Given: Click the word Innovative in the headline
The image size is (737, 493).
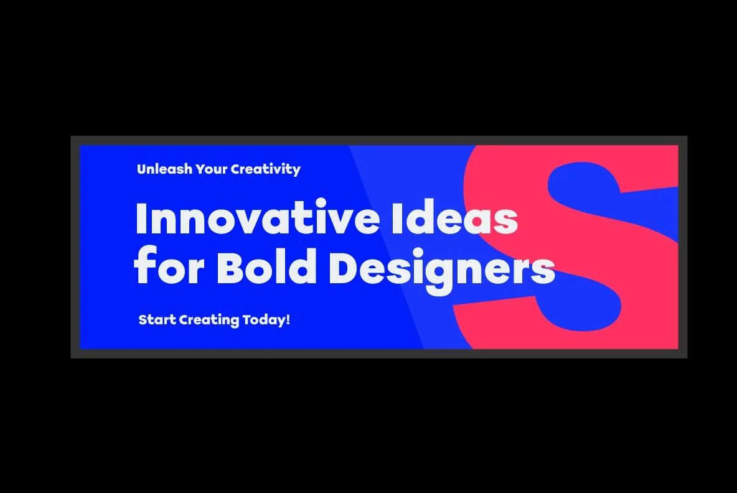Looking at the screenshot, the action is (x=258, y=218).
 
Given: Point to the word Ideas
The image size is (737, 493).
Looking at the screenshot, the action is (x=454, y=218).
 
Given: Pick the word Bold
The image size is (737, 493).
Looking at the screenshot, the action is (x=266, y=266).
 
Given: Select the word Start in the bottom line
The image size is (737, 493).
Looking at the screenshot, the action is (x=157, y=320).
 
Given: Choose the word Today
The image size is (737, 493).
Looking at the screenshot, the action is (x=264, y=321).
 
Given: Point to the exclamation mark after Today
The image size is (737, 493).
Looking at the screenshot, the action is (x=288, y=320).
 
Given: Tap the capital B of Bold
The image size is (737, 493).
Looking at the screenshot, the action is (x=230, y=267).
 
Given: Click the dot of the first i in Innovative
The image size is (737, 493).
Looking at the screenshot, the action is (x=324, y=204).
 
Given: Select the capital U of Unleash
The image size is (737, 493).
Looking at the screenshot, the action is (x=142, y=169).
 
